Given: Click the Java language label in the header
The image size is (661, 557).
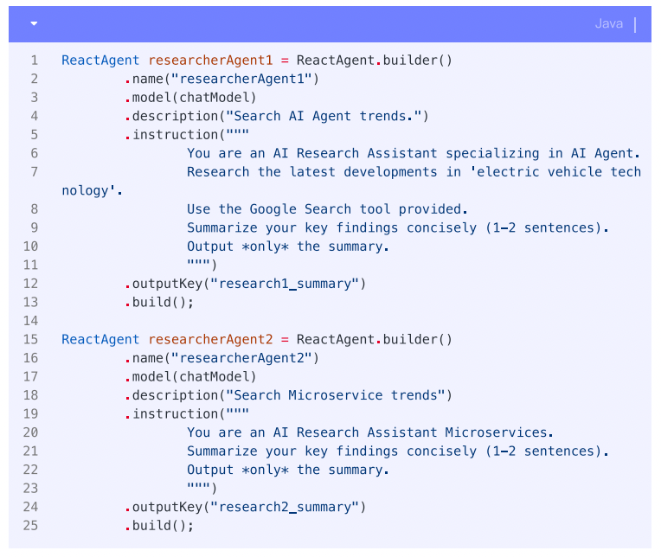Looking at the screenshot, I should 608,23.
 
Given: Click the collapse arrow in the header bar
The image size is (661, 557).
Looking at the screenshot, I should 34,23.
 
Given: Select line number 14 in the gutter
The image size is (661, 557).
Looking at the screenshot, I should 32,321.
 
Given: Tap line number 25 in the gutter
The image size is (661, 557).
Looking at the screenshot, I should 32,526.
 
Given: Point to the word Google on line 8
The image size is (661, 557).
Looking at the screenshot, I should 273,209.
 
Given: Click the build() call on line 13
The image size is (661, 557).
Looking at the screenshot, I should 163,303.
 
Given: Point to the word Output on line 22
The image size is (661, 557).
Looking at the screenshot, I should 210,470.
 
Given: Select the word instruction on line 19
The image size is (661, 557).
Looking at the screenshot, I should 175,414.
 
